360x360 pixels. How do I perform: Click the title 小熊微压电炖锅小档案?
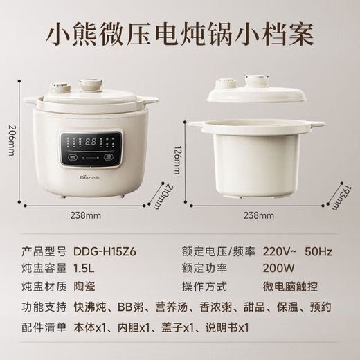coord(180,33)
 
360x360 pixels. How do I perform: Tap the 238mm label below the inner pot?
coord(256,215)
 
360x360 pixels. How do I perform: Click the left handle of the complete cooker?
coord(29,100)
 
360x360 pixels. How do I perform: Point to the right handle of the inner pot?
coord(316,125)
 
